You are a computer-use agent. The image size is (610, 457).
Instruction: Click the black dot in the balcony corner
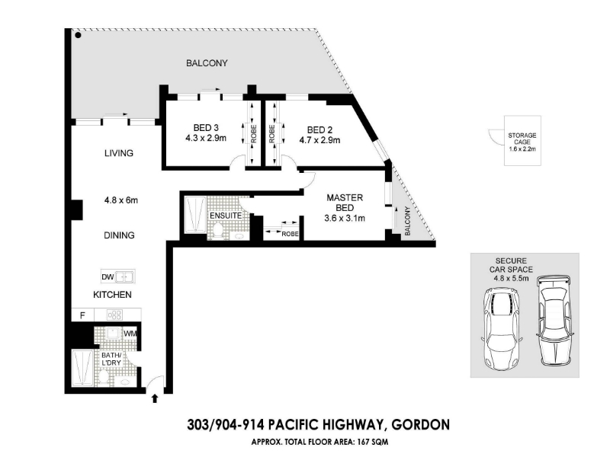point(79,35)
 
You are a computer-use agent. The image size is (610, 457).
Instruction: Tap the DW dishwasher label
point(108,276)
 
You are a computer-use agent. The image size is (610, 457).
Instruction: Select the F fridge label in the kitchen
point(82,315)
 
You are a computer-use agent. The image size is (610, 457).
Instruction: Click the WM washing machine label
point(130,334)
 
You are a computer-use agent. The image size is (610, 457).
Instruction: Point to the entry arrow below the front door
point(155,398)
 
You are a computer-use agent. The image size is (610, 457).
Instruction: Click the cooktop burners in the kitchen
point(115,315)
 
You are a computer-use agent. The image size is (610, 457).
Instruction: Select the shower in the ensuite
point(195,215)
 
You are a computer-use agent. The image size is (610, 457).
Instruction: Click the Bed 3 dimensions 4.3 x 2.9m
point(206,138)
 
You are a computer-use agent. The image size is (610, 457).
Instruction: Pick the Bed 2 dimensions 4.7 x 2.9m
point(319,140)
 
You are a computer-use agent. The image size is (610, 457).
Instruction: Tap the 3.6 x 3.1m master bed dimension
point(345,219)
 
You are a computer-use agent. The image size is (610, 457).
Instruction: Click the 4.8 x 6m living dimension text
point(121,200)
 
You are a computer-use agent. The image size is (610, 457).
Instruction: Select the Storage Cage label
point(522,139)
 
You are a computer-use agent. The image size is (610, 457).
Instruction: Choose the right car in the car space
point(554,321)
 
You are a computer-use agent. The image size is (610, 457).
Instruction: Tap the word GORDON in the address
point(421,425)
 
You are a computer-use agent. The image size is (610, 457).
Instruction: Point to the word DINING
point(119,235)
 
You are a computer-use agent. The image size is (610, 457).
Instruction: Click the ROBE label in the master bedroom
point(290,234)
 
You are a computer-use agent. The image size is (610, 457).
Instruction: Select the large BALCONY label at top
point(207,63)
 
